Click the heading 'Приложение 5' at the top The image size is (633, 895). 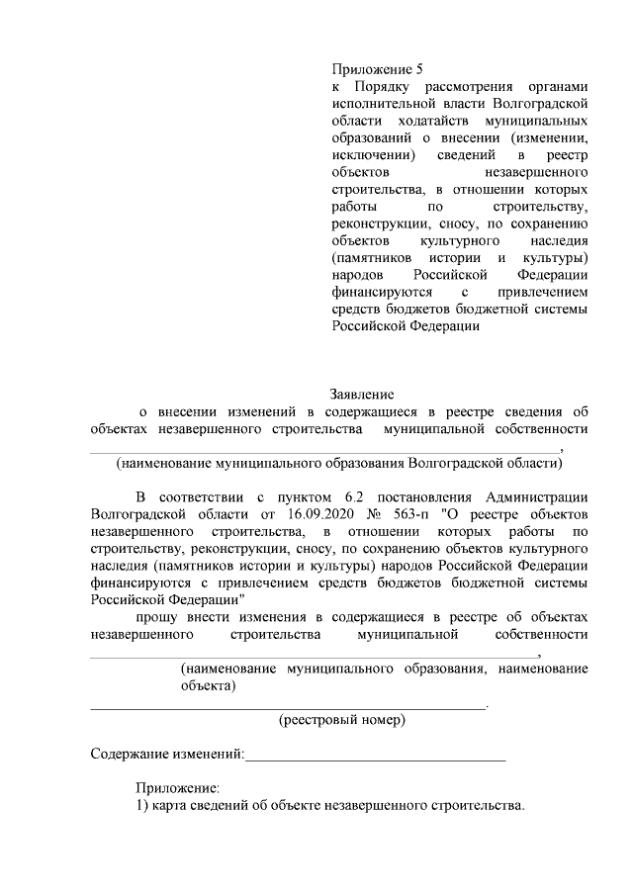click(x=377, y=69)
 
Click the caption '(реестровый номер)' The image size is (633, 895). click(x=342, y=720)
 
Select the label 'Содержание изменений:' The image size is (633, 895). click(x=167, y=755)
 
